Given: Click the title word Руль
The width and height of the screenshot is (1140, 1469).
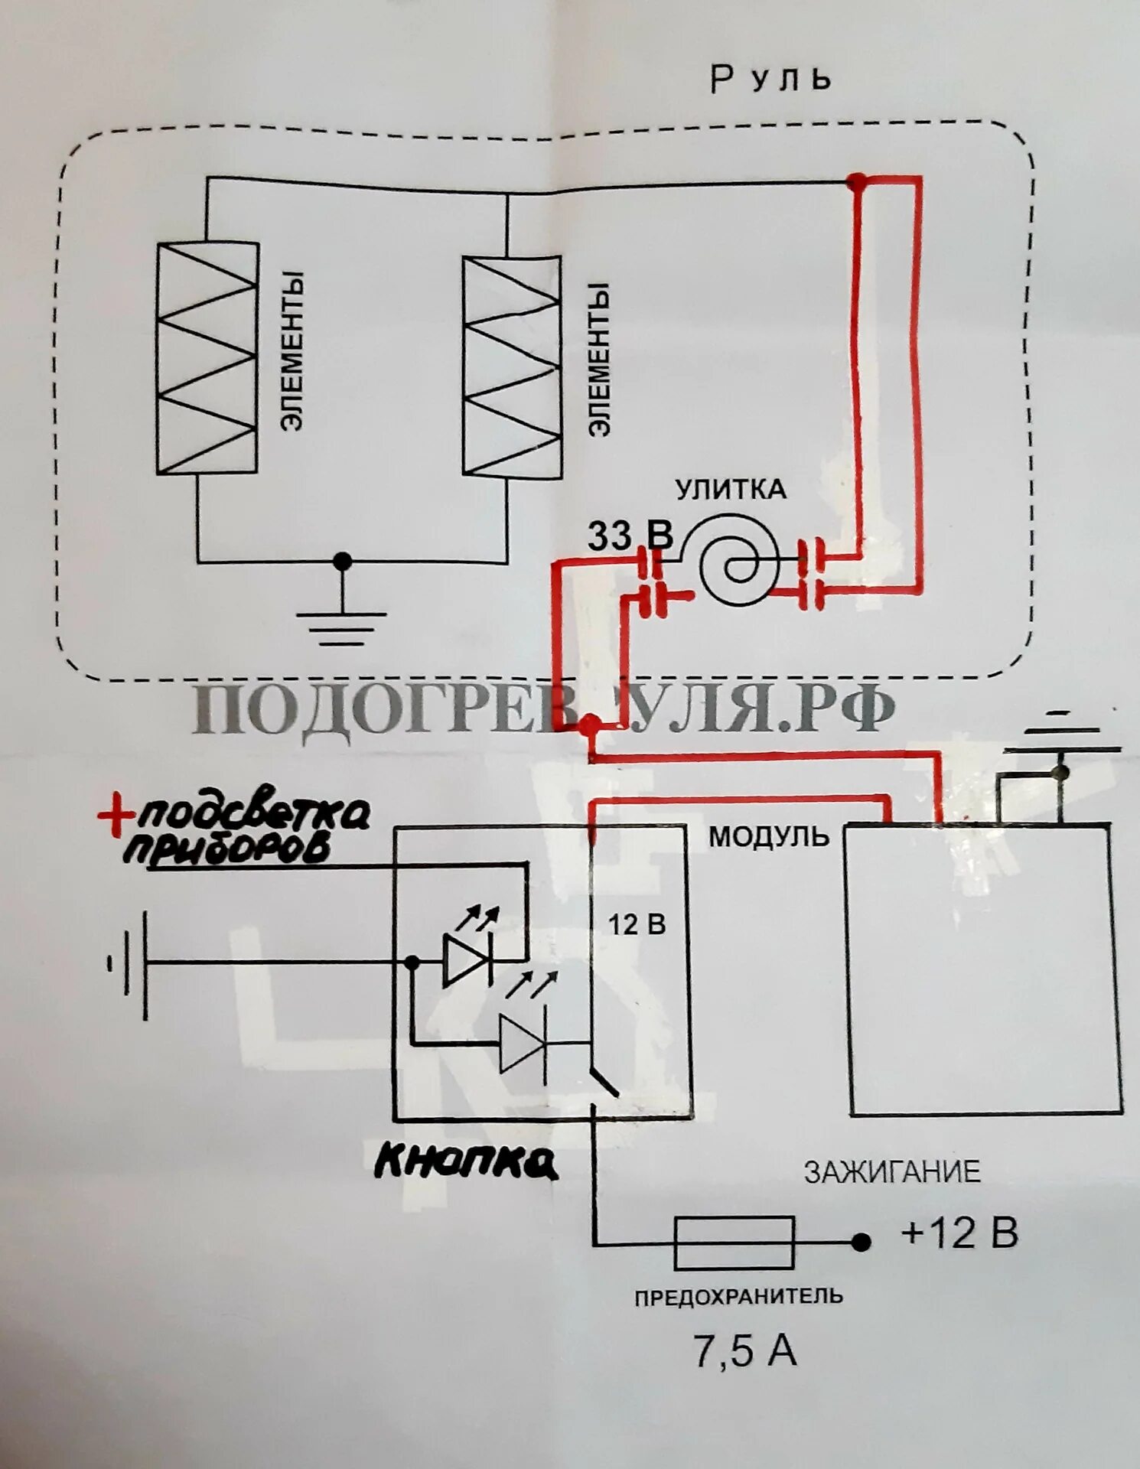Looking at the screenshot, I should [770, 80].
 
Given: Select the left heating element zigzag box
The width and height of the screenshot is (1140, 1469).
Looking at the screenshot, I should [207, 357].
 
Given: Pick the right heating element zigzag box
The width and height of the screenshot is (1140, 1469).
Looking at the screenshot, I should [512, 366].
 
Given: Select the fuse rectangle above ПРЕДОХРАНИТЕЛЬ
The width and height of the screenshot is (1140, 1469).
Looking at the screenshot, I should [733, 1243].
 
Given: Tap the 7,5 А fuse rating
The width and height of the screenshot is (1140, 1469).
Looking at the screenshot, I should [744, 1350].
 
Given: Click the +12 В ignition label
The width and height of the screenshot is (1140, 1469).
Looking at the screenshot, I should [959, 1233].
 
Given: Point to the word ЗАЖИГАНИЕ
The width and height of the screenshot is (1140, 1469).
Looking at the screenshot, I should [891, 1172].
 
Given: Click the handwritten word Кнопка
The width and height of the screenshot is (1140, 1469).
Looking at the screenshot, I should [465, 1163].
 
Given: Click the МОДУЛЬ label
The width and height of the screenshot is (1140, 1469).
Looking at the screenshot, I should [767, 836].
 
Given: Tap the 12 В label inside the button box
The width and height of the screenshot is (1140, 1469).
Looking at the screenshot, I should [637, 925].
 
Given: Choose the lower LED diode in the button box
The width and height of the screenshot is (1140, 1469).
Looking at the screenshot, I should [523, 1043].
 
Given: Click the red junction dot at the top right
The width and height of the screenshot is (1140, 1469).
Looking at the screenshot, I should [858, 182].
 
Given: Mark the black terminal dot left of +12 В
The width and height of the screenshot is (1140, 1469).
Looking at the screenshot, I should [862, 1243].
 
